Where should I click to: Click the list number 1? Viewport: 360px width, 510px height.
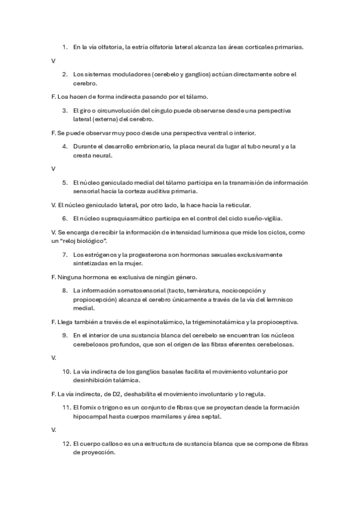coord(64,46)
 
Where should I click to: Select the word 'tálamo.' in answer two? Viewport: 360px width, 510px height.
coord(198,96)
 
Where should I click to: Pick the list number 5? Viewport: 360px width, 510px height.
coord(64,183)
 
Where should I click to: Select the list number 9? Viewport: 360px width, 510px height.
coord(64,335)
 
